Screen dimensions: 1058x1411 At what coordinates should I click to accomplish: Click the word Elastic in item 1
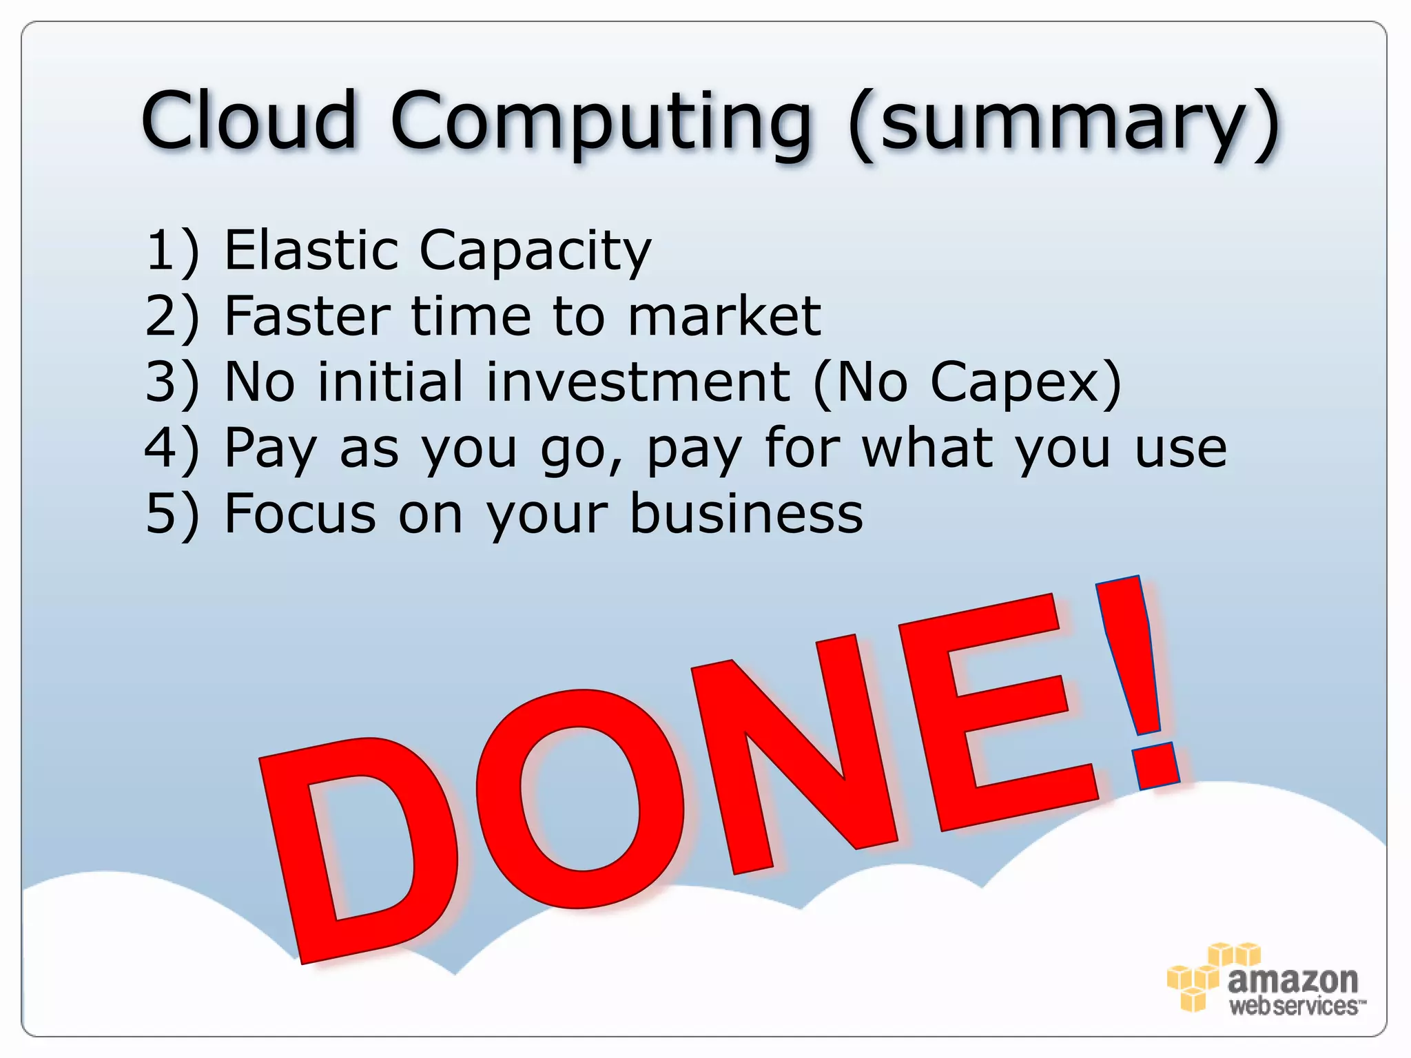311,249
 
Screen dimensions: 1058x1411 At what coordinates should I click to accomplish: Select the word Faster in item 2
307,316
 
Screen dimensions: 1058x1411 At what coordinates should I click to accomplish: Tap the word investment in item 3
637,382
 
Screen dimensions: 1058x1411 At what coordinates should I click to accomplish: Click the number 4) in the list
172,448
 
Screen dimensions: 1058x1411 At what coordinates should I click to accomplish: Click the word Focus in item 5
300,514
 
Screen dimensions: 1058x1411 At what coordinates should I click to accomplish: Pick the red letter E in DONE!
992,716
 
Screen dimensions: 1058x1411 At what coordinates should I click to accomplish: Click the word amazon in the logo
1292,980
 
